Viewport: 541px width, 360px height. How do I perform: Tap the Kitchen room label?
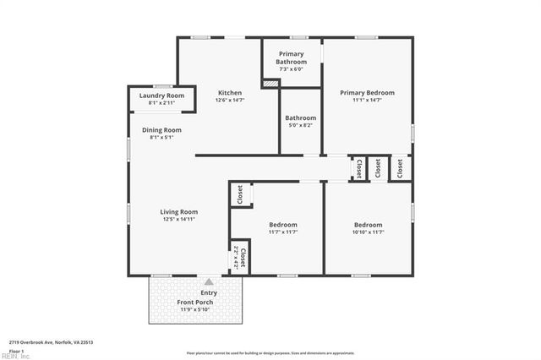[x=230, y=93]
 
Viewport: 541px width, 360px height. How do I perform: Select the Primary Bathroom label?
[x=292, y=57]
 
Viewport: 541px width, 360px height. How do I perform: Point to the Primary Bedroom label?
[x=367, y=93]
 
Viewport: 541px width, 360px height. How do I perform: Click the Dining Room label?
[x=161, y=130]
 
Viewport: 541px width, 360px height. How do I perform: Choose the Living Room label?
[x=179, y=212]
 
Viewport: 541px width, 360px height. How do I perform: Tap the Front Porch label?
[x=194, y=302]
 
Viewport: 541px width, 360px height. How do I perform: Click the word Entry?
[x=208, y=292]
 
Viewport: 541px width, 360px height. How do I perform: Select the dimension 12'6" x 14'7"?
[x=230, y=101]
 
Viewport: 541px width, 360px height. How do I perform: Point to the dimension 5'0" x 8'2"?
[x=300, y=125]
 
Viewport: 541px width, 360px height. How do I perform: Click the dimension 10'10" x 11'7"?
[x=368, y=232]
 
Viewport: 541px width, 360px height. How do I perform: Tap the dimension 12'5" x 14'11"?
[x=179, y=220]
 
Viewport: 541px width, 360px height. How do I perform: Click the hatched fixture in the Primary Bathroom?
[x=270, y=83]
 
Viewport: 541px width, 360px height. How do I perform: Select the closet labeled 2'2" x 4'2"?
[x=239, y=258]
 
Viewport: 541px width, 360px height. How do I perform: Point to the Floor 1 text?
[x=17, y=350]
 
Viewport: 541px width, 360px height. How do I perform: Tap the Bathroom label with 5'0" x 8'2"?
[x=300, y=118]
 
